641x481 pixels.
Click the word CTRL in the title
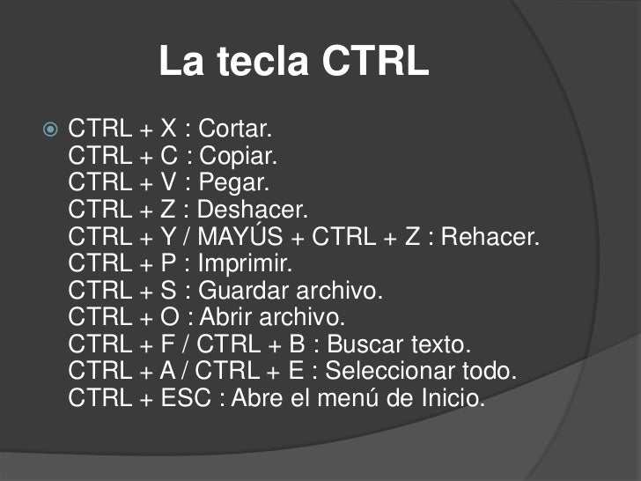[375, 62]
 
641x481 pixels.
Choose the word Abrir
[225, 317]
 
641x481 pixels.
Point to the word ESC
[187, 398]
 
